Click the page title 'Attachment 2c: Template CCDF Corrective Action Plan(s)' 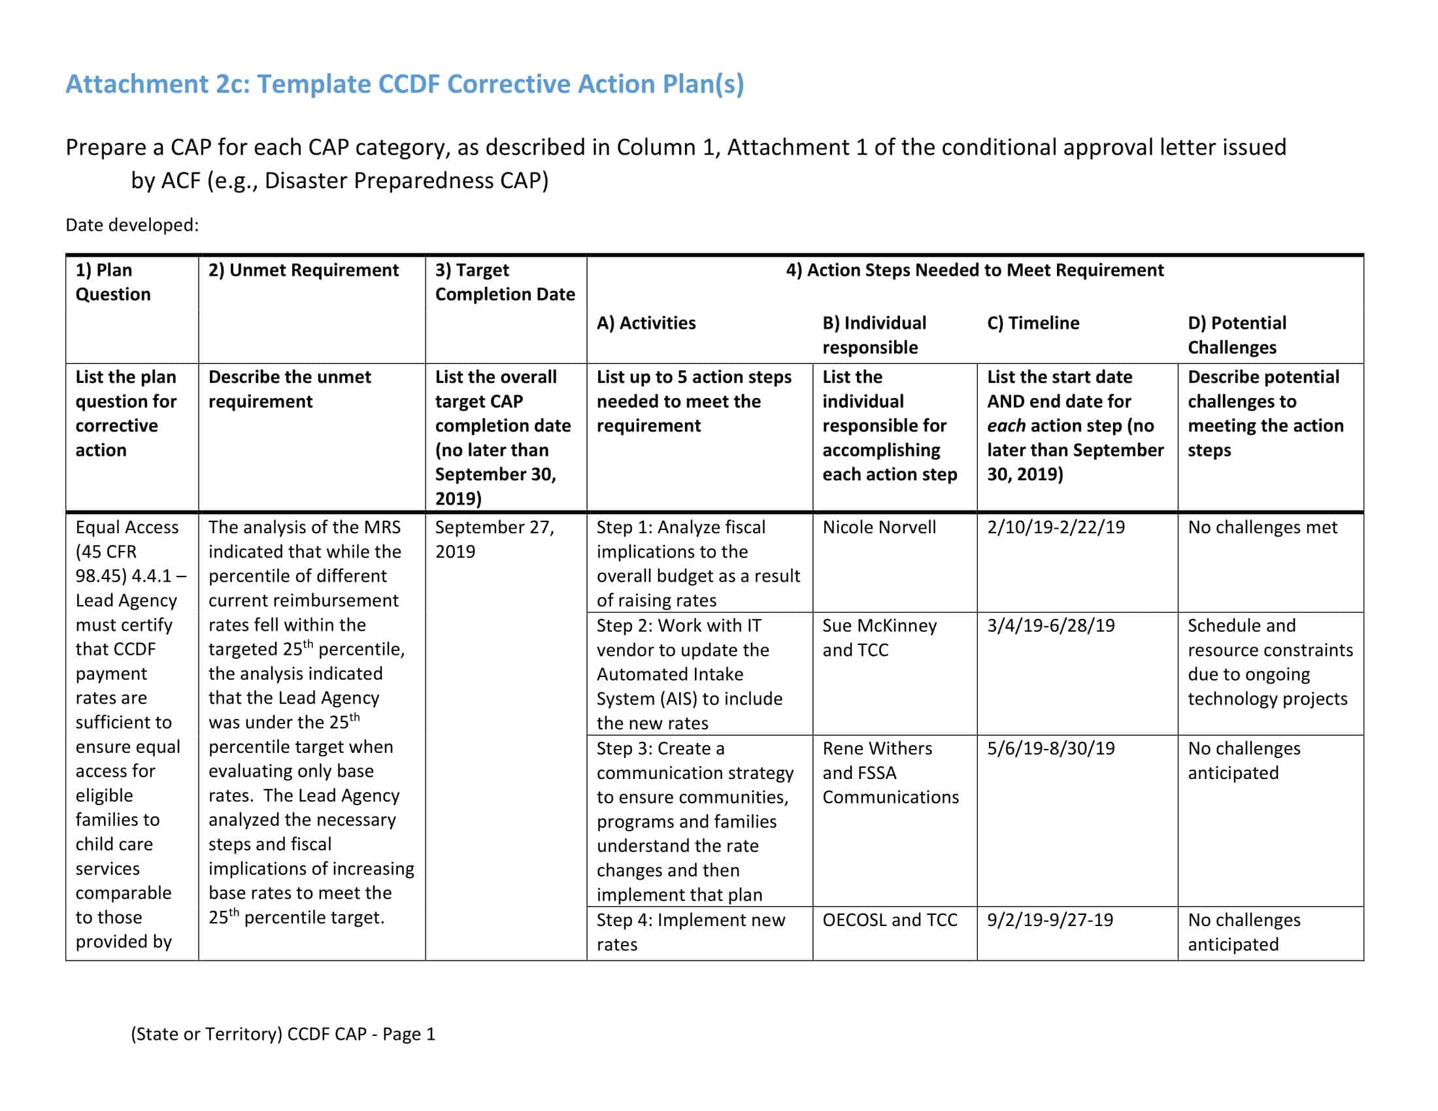click(404, 84)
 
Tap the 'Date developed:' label click(131, 225)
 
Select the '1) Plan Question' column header click(112, 282)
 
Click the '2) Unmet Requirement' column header click(303, 270)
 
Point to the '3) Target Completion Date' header click(505, 282)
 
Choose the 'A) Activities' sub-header click(645, 322)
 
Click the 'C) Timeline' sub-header click(1032, 322)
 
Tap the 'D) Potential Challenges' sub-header click(1237, 335)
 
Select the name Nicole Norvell click(878, 527)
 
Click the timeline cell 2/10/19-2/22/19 click(1056, 527)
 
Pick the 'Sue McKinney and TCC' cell click(878, 637)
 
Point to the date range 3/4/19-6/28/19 click(1050, 625)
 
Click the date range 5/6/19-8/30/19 click(1050, 748)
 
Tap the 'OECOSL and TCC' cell click(889, 920)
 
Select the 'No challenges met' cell click(1262, 527)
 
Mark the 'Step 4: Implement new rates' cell click(690, 931)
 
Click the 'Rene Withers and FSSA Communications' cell click(890, 772)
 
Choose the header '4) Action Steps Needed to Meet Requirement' click(975, 270)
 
